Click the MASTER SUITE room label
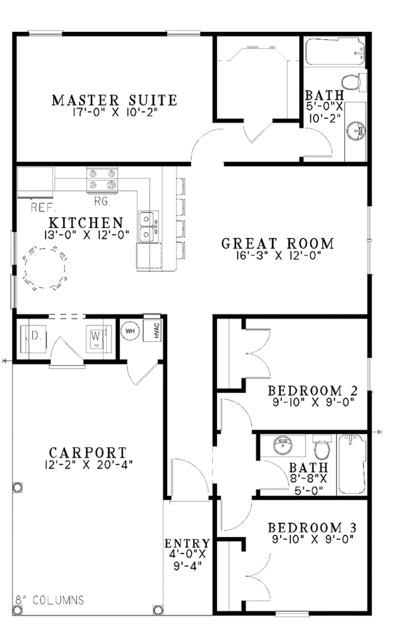click(x=114, y=100)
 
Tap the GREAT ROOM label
click(x=277, y=243)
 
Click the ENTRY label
click(x=187, y=544)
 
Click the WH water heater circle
click(x=129, y=331)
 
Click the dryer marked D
click(x=34, y=335)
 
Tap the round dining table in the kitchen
click(x=44, y=268)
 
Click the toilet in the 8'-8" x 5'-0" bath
click(x=322, y=451)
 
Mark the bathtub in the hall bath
click(x=352, y=463)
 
